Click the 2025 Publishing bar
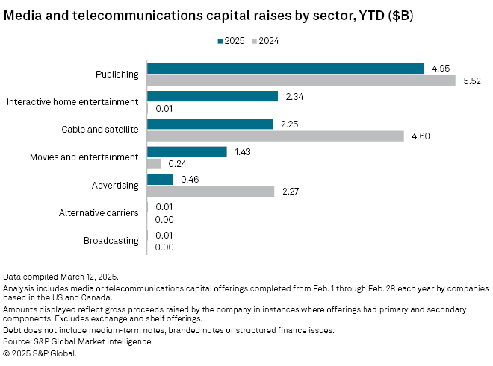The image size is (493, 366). [x=285, y=69]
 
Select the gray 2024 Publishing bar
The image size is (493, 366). [x=301, y=81]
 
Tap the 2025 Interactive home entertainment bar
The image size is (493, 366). [x=212, y=96]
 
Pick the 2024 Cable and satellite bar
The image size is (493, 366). [x=276, y=136]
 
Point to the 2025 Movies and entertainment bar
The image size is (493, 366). [x=187, y=151]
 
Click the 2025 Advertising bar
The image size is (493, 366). [x=160, y=179]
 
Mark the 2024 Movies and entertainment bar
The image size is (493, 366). [x=154, y=163]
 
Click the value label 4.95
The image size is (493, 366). [x=440, y=69]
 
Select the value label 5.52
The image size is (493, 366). [x=471, y=81]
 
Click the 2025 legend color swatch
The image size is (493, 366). [x=221, y=42]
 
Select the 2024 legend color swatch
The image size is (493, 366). [x=255, y=42]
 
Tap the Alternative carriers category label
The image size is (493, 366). [x=99, y=212]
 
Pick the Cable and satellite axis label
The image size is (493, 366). [x=100, y=130]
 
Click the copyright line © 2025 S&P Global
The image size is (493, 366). [x=40, y=353]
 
